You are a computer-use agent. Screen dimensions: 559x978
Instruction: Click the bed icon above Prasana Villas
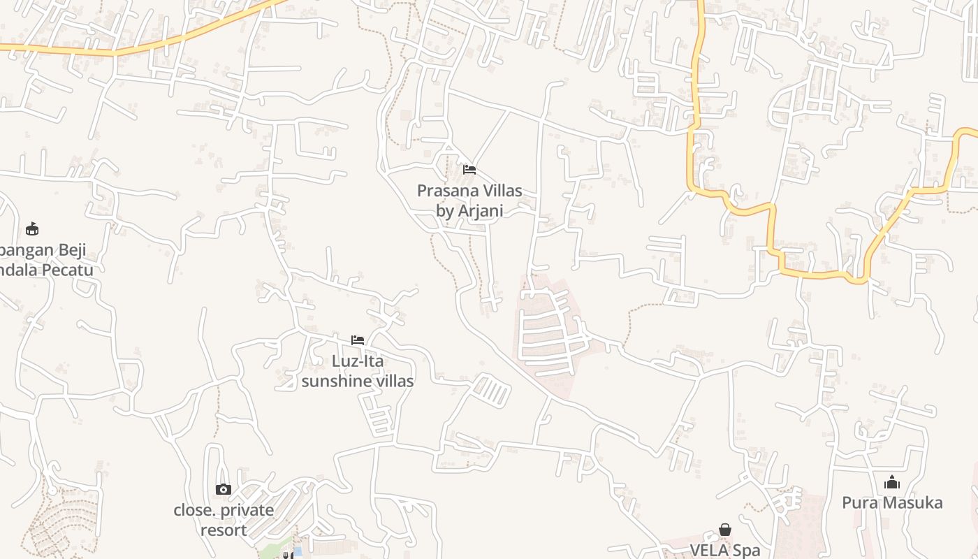(469, 170)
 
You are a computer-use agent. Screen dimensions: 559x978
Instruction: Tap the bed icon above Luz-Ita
(358, 340)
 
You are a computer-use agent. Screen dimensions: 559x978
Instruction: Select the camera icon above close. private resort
(224, 489)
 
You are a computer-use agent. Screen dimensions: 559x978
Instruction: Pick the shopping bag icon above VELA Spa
(725, 530)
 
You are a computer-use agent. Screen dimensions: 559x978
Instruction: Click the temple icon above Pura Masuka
(892, 482)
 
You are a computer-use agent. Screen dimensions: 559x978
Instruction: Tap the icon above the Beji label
(31, 228)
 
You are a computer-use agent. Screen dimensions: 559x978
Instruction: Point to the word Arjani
(481, 210)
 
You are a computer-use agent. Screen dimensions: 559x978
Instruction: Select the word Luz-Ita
(358, 361)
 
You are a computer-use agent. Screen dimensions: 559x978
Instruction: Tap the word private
(246, 510)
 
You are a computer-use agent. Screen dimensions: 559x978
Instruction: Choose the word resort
(224, 530)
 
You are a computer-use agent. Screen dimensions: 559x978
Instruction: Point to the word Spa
(745, 551)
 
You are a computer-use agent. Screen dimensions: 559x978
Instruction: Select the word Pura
(858, 502)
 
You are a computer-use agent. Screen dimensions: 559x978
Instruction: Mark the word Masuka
(910, 502)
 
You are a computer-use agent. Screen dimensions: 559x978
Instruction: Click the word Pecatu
(66, 270)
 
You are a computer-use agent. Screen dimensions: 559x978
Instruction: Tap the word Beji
(70, 249)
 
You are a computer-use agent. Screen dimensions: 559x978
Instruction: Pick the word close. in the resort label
(195, 510)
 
